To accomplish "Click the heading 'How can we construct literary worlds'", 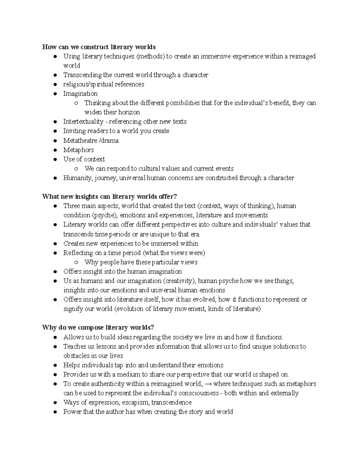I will pos(99,47).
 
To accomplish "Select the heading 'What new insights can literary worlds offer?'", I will pos(109,197).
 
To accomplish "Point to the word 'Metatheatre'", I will pos(80,140).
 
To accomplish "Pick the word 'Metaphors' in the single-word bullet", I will pos(78,150).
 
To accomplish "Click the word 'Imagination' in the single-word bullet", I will pos(80,94).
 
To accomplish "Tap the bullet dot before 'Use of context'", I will pos(55,159).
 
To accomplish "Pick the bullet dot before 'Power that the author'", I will pos(55,412).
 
